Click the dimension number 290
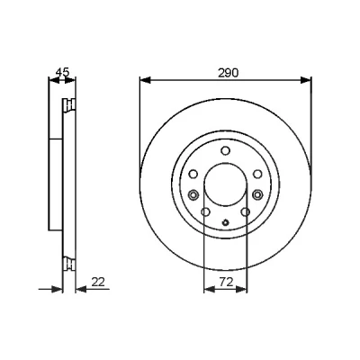coord(228,73)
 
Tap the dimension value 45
coord(63,72)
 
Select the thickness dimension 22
coord(98,282)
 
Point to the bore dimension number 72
coord(226,282)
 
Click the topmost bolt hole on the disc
coord(225,150)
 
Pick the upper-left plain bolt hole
coord(193,174)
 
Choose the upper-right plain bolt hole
coord(257,174)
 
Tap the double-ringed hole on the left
coord(193,195)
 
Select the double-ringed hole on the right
coord(257,195)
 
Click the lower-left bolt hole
coord(205,212)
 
